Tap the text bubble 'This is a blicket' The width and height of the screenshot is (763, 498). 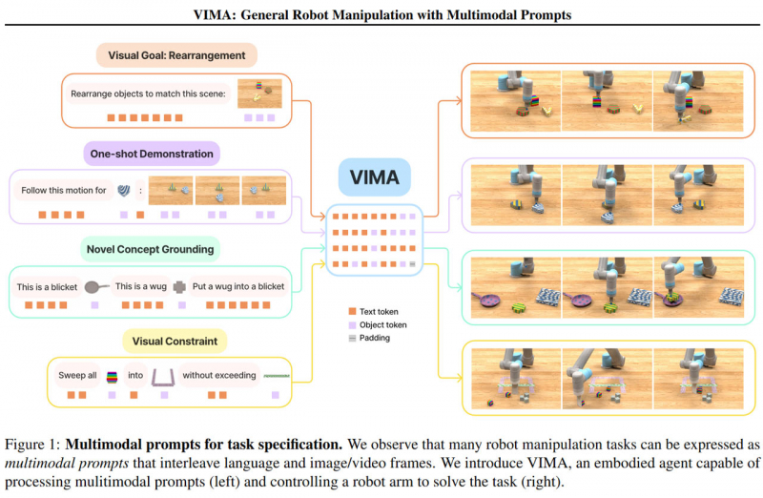pyautogui.click(x=49, y=285)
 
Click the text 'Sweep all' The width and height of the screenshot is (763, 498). pyautogui.click(x=79, y=375)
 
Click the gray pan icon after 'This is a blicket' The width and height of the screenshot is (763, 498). pyautogui.click(x=96, y=285)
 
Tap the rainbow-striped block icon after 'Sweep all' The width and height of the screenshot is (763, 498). pyautogui.click(x=113, y=375)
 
